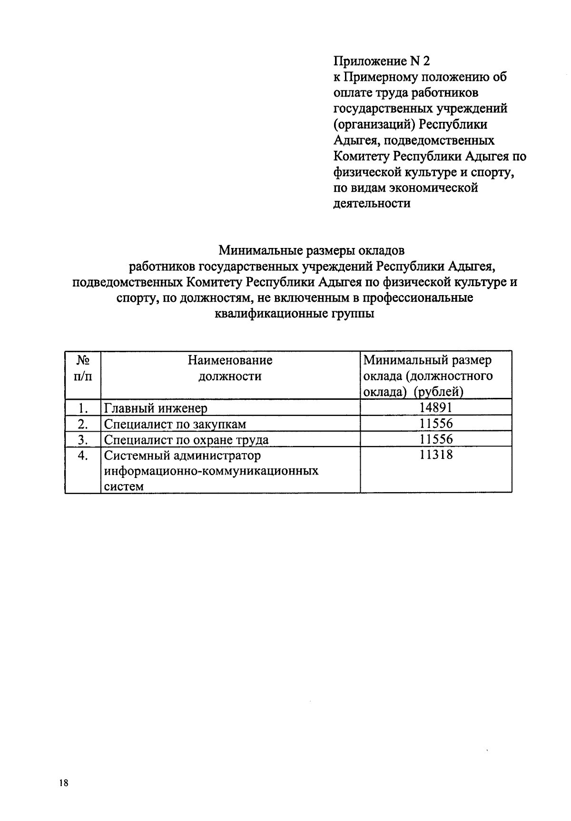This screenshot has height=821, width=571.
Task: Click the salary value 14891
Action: pyautogui.click(x=436, y=407)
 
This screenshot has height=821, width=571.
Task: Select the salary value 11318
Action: pyautogui.click(x=436, y=455)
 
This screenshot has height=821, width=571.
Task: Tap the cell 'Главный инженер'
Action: pyautogui.click(x=156, y=408)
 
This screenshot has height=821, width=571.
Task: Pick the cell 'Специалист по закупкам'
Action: pyautogui.click(x=175, y=424)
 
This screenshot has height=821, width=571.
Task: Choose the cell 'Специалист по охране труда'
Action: pyautogui.click(x=186, y=440)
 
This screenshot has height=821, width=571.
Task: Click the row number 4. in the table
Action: pyautogui.click(x=83, y=455)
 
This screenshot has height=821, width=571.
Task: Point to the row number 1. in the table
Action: pyautogui.click(x=83, y=408)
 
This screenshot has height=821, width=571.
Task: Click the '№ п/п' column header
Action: pyautogui.click(x=83, y=368)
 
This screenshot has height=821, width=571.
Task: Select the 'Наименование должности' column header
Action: pyautogui.click(x=230, y=368)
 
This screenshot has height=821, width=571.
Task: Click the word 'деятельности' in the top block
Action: pyautogui.click(x=372, y=204)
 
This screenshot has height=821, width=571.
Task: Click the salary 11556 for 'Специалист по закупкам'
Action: pyautogui.click(x=436, y=423)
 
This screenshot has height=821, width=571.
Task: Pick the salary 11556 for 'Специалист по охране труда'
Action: pyautogui.click(x=436, y=439)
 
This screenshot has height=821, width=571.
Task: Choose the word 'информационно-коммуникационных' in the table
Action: pyautogui.click(x=211, y=471)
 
